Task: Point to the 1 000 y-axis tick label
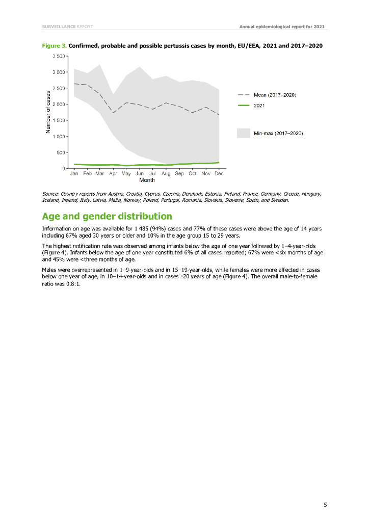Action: click(58, 136)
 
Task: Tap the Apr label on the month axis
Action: click(113, 174)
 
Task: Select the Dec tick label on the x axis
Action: click(219, 174)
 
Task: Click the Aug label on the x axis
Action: click(166, 174)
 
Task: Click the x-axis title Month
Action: click(147, 180)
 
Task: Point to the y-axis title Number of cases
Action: click(48, 112)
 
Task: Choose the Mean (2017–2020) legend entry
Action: click(275, 95)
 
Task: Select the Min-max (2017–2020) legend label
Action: click(279, 133)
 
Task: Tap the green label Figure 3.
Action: click(54, 46)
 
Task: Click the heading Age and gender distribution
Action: click(107, 216)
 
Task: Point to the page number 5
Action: click(325, 505)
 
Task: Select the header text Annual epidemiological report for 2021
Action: click(282, 26)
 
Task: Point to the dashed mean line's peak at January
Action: click(74, 84)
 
